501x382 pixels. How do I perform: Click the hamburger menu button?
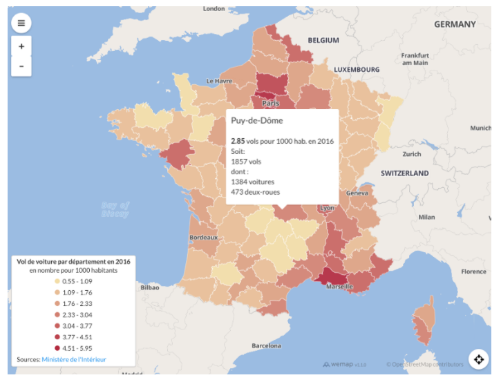click(x=21, y=23)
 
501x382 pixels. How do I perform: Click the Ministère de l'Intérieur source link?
click(x=74, y=359)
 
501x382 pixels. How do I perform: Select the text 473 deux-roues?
click(x=256, y=192)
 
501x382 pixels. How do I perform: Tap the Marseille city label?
click(x=339, y=287)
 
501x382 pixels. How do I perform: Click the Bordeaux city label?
click(x=203, y=238)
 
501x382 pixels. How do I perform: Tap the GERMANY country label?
click(x=455, y=24)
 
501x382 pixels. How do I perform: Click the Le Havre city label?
click(x=219, y=81)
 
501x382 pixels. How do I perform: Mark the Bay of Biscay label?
click(x=115, y=209)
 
